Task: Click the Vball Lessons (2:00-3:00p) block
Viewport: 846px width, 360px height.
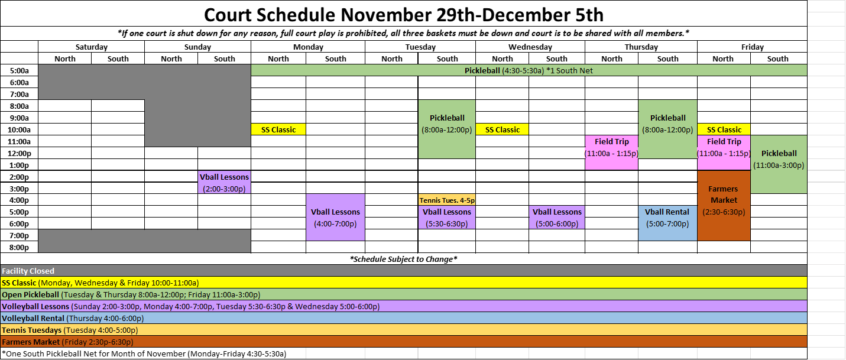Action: tap(225, 182)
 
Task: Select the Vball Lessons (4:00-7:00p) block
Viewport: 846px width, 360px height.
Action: tap(335, 217)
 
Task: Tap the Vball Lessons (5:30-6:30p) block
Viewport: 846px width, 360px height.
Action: tap(447, 217)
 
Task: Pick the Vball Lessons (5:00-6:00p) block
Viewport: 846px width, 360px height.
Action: tap(557, 217)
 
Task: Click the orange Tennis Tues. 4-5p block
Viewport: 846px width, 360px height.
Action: tap(447, 200)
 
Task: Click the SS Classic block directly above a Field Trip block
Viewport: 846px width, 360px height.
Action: tap(724, 129)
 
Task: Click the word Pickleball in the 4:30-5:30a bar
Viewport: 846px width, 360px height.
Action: tap(482, 70)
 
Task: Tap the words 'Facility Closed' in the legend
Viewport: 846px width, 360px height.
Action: tap(28, 271)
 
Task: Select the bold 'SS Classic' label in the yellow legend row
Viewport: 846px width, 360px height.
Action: tap(19, 283)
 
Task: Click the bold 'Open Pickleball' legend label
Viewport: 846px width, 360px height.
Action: tap(30, 294)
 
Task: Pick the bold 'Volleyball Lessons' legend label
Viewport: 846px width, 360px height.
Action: tap(35, 306)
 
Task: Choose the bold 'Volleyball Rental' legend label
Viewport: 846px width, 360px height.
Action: tap(33, 318)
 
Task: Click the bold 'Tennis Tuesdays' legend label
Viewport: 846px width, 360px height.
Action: tap(31, 330)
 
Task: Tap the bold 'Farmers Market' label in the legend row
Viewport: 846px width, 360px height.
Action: tap(31, 342)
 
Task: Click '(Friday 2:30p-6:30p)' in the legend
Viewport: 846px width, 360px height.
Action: tap(98, 342)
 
